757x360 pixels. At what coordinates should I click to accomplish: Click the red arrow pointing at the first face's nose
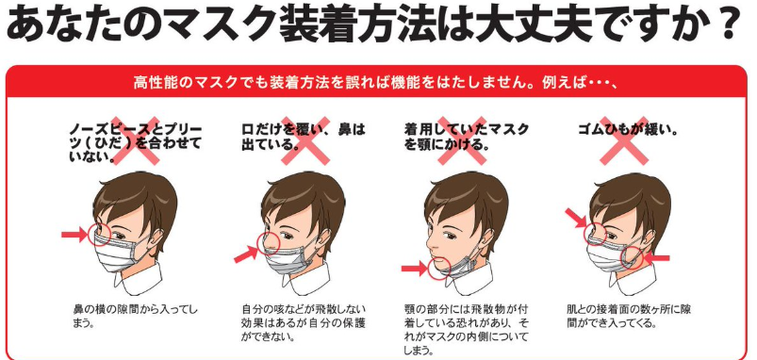(74, 235)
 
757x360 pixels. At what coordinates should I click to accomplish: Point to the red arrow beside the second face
(246, 254)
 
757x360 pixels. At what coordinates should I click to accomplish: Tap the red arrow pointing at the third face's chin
(414, 269)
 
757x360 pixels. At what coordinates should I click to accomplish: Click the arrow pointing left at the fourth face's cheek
(657, 258)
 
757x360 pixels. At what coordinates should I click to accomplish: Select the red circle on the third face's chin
(439, 268)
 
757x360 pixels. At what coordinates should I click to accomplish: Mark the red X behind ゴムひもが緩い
(624, 139)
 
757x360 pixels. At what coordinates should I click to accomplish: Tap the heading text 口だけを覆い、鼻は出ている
(304, 137)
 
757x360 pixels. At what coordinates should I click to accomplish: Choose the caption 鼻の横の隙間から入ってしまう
(135, 316)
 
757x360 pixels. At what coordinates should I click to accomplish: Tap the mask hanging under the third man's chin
(463, 266)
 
